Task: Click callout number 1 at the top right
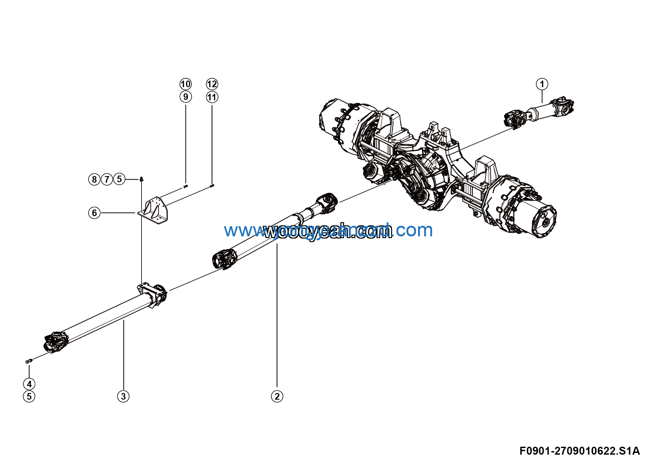click(542, 84)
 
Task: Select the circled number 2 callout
click(277, 396)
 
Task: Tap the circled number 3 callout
click(123, 396)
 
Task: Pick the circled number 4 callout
click(29, 384)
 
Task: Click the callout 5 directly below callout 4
click(29, 396)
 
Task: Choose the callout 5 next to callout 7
click(119, 179)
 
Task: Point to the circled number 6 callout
click(94, 213)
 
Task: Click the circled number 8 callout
click(94, 179)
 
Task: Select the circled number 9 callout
click(185, 97)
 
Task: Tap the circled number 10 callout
click(185, 84)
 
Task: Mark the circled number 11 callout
click(212, 97)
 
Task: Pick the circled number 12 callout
click(212, 84)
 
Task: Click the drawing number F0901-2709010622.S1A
click(579, 451)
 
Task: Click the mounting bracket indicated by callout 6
click(154, 210)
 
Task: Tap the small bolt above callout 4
click(29, 361)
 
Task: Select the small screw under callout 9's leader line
click(185, 187)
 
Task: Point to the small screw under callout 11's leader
click(212, 186)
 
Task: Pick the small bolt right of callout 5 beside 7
click(141, 179)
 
